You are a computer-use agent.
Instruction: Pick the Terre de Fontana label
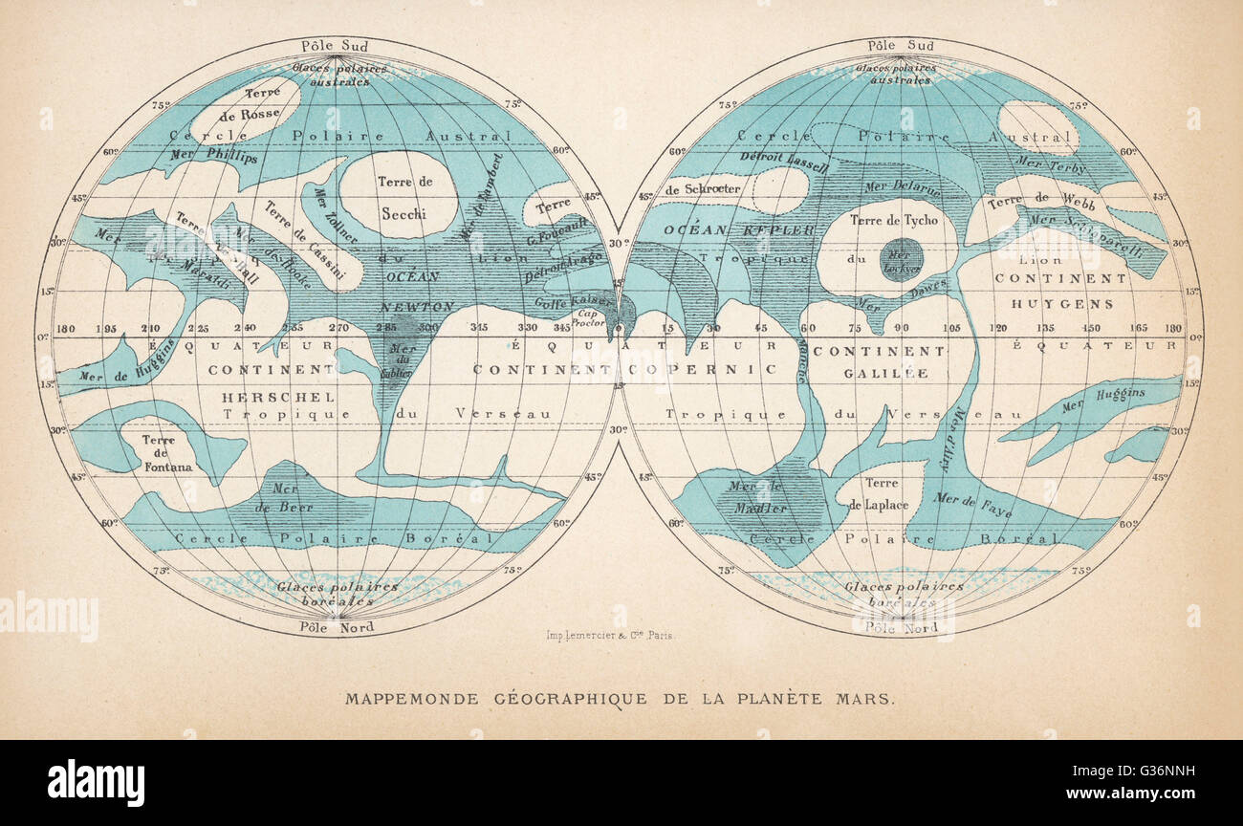[x=167, y=454]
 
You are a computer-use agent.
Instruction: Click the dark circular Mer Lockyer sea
[x=901, y=259]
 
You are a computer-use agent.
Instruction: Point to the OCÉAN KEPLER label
[x=725, y=230]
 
